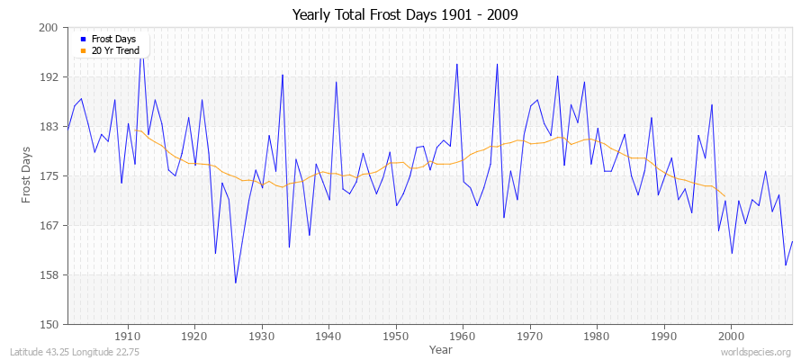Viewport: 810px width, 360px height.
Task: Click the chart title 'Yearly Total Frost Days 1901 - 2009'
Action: coord(405,15)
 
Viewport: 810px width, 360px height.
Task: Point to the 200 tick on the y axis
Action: coord(49,28)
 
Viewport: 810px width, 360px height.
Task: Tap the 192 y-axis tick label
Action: coord(49,77)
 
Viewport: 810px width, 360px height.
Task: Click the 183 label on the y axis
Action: coord(49,127)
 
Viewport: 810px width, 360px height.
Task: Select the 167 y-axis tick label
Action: coord(49,225)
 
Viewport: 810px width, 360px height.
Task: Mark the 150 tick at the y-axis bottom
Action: coord(49,324)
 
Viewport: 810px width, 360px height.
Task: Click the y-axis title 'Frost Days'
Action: coord(26,176)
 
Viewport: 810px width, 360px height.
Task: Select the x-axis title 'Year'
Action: coord(441,348)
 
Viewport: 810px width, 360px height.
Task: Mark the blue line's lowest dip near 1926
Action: coord(236,283)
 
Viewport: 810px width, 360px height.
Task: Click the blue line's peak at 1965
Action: coord(497,64)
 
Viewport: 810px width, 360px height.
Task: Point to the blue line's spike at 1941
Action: coord(336,82)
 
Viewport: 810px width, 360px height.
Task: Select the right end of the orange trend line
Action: coord(724,195)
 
